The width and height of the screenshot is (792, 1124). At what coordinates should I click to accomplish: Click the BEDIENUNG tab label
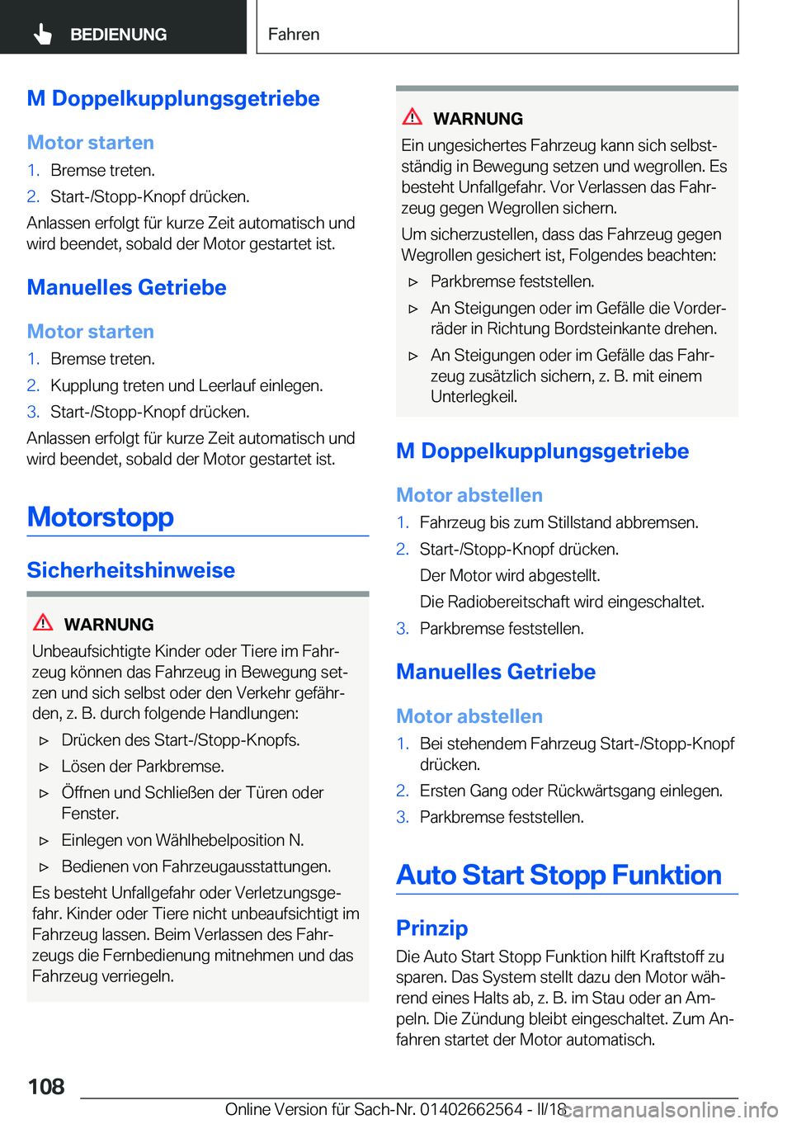pos(118,35)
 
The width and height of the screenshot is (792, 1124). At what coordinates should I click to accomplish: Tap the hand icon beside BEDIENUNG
pos(43,34)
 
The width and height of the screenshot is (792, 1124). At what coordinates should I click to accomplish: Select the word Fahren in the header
pos(294,35)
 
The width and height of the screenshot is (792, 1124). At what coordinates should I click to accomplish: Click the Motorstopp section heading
pos(101,517)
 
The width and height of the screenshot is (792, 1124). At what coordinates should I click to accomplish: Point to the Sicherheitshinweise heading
pos(131,570)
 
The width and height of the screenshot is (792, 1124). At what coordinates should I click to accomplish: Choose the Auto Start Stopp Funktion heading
pos(559,875)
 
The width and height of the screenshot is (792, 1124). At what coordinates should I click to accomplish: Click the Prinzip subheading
pos(431,928)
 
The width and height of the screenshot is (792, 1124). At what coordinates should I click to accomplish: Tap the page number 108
pos(46,1087)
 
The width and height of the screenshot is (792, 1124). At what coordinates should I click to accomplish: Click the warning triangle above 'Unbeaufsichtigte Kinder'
pos(43,623)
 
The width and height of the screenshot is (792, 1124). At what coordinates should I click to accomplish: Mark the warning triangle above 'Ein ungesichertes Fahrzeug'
pos(412,117)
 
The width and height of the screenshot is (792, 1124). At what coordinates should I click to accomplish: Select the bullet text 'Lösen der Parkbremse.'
pos(143,767)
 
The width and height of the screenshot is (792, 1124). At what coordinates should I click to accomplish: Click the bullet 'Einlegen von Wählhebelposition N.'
pos(182,840)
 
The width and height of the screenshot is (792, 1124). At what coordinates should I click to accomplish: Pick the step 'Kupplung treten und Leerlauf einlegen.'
pos(186,385)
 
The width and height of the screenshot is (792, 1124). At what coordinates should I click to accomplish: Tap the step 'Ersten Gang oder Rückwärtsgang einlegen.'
pos(571,791)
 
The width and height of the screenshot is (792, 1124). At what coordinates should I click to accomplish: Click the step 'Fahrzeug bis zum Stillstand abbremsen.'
pos(559,522)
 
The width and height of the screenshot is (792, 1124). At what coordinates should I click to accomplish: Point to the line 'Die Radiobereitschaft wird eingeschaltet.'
pos(562,602)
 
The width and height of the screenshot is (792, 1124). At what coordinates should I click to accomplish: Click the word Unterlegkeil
pos(474,397)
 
